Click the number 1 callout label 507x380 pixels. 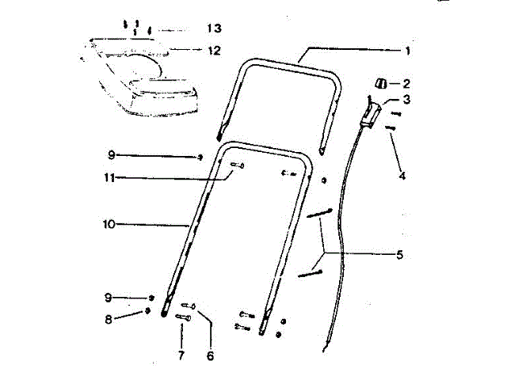pos(406,50)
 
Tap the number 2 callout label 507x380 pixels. pos(406,82)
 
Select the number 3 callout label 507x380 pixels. pos(406,101)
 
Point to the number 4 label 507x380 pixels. pos(402,175)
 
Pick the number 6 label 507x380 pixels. pos(210,356)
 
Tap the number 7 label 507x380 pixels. pos(181,356)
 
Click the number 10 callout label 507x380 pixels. pos(109,224)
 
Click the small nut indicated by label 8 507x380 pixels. pos(147,311)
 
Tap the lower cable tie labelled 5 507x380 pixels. pos(310,273)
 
